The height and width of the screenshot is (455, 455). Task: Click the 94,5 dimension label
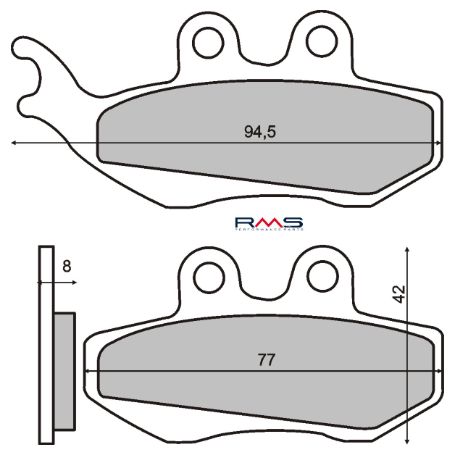point(260,132)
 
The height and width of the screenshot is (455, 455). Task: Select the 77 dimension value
point(266,359)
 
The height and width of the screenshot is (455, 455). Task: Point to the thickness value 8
point(67,267)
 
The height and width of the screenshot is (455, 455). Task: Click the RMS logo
point(268,222)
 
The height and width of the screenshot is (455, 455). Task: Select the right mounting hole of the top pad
point(320,40)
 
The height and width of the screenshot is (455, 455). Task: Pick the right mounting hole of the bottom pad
point(320,275)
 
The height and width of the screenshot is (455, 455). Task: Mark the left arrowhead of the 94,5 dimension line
point(14,143)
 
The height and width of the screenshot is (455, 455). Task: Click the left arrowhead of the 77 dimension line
point(89,370)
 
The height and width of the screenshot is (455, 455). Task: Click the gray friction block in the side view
point(64,370)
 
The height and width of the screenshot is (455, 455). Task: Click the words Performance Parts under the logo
point(268,229)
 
